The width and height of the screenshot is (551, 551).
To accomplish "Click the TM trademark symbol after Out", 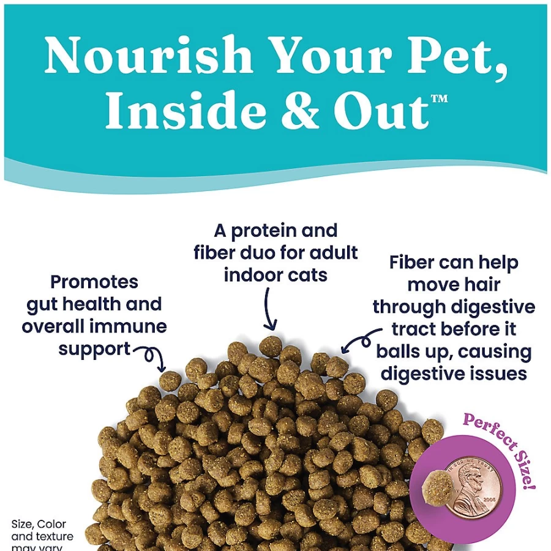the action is tap(439, 99).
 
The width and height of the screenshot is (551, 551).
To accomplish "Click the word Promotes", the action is tap(94, 282).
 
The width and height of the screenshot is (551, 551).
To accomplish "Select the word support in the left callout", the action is tap(94, 350).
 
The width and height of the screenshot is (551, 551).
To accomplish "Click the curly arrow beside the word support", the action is tap(152, 354).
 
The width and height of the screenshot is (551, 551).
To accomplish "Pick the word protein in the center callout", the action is tap(263, 231).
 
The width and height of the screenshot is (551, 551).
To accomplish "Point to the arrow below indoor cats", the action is tap(269, 309).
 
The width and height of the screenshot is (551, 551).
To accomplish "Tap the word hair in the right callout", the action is tap(483, 285).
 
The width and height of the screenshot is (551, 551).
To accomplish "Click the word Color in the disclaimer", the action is tap(51, 524).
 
